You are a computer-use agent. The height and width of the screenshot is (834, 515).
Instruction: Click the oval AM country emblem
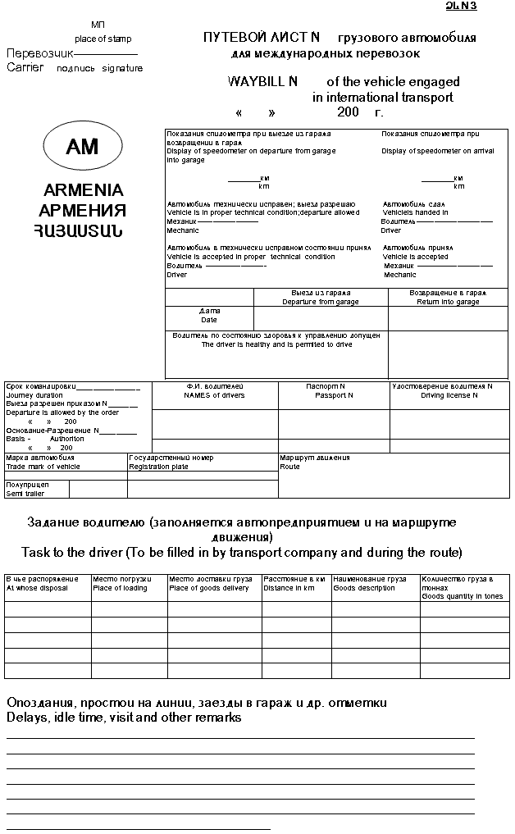(83, 147)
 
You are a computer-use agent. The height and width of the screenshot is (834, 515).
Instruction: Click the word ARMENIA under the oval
(83, 190)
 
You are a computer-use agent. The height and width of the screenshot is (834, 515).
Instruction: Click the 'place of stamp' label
(103, 39)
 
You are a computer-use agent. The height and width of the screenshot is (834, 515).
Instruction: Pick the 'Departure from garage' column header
(321, 302)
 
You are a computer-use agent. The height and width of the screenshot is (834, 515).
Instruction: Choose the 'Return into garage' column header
(448, 302)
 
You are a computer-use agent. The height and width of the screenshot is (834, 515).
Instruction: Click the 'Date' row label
(209, 320)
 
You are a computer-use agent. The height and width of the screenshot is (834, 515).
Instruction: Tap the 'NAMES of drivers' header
(214, 395)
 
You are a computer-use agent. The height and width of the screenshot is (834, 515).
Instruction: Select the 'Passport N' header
(334, 395)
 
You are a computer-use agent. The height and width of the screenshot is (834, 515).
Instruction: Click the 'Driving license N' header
(449, 395)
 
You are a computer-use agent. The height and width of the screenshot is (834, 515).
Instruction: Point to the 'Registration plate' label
(158, 467)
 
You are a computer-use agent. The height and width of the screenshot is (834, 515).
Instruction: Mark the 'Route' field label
(289, 467)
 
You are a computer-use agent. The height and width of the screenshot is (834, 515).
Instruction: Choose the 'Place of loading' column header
(120, 588)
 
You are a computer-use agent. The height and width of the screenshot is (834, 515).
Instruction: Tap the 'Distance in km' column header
(289, 588)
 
